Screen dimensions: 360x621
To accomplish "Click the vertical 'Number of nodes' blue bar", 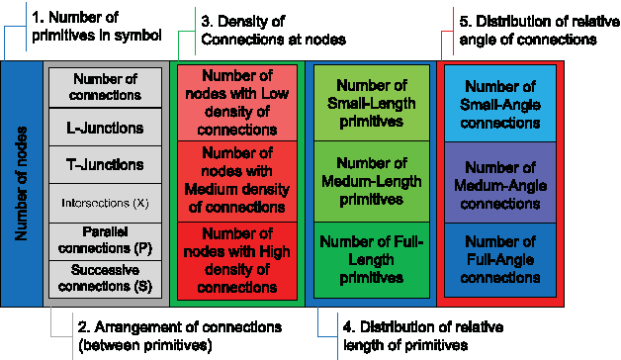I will click(x=22, y=183).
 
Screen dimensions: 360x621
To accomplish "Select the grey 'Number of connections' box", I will click(x=97, y=87).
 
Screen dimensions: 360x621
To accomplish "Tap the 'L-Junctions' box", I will click(x=97, y=127).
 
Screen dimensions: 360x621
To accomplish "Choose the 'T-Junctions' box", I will click(x=97, y=164).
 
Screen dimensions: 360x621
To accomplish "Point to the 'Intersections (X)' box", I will click(x=97, y=203).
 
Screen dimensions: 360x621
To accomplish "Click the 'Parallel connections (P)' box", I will click(x=97, y=239).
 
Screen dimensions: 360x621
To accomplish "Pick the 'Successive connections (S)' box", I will click(x=97, y=276).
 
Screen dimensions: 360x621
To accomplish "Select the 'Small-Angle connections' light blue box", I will click(x=501, y=105).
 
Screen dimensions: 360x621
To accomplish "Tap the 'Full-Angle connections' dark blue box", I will click(x=501, y=259).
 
